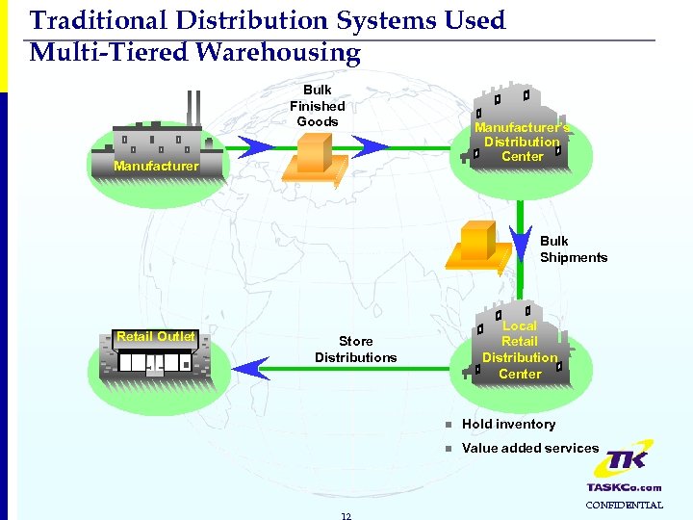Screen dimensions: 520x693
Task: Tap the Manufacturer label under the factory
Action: (156, 167)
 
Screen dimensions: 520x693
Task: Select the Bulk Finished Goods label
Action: (318, 106)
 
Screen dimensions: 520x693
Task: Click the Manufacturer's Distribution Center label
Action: (522, 142)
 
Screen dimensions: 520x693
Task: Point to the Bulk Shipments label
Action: (573, 249)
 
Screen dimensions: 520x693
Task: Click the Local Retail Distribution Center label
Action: (520, 350)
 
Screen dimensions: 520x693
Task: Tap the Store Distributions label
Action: (355, 350)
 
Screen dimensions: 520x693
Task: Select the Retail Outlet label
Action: (156, 337)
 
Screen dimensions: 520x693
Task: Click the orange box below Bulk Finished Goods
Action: (313, 155)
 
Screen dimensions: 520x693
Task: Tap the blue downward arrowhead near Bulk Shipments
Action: (520, 238)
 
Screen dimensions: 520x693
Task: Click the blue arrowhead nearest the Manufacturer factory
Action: (255, 147)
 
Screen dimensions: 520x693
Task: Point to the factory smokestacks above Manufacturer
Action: (193, 108)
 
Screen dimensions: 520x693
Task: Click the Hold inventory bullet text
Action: (508, 424)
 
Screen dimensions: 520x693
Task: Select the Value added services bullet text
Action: (529, 448)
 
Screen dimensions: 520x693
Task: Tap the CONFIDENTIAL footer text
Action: (625, 505)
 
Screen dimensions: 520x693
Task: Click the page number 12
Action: (346, 515)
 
